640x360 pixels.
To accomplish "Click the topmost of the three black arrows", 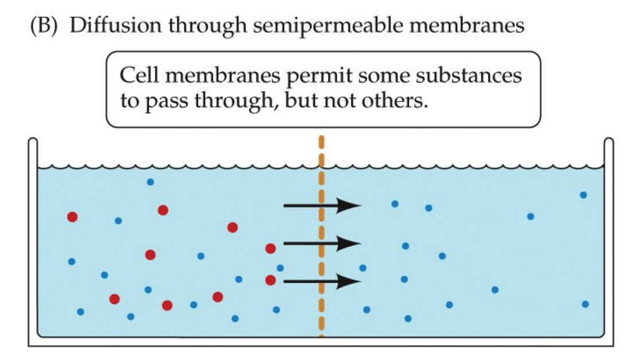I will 322,206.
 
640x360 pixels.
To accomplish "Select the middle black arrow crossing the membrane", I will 322,244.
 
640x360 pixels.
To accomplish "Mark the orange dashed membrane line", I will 321,287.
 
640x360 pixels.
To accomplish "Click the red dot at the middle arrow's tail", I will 270,249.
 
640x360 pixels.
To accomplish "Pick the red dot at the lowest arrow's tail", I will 270,280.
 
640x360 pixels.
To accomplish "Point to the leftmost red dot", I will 72,217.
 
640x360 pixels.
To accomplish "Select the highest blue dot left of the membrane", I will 150,182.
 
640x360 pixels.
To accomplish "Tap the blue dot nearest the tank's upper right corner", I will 583,195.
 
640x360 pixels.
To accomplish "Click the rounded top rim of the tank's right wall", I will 608,141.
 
